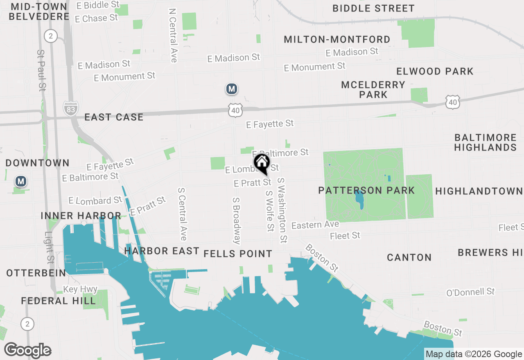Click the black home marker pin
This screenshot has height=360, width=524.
coord(262,164)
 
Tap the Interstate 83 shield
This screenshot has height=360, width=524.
coord(70,108)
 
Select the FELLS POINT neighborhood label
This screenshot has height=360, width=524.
coord(238,254)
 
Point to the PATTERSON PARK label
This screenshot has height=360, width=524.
coord(367,190)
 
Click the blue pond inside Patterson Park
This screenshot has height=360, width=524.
coord(359,199)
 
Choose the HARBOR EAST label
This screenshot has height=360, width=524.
coord(162,251)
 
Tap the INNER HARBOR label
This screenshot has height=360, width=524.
coord(81,216)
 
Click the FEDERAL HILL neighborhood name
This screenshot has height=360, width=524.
coord(58,301)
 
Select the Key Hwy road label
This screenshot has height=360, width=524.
coord(80,290)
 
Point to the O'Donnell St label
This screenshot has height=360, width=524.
coord(470,292)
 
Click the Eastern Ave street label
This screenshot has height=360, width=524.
coord(315,225)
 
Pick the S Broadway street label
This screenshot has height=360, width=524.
coord(236,221)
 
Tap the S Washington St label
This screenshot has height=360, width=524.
coord(282,210)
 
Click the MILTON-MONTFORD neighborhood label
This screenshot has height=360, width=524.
coord(337,39)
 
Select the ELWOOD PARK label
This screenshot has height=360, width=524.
coord(435,71)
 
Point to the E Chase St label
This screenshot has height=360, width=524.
coord(97,18)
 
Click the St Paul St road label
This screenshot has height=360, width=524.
coord(41,70)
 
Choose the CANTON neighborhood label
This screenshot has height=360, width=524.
coord(409,257)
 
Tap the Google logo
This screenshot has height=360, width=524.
coord(28,351)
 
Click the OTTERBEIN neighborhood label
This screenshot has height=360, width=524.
coord(36,273)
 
